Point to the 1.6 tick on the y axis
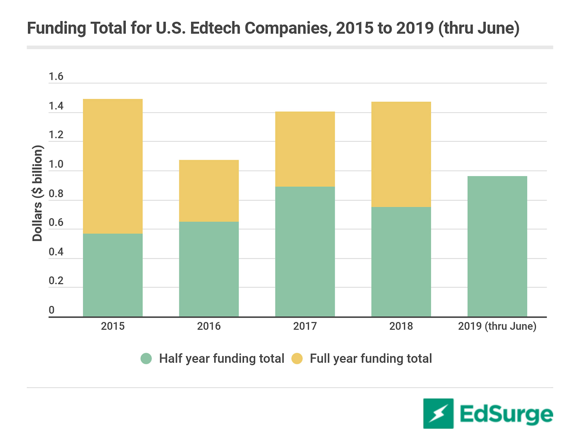point(56,77)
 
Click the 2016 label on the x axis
point(209,326)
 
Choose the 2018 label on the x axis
point(401,326)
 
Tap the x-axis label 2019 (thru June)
point(497,326)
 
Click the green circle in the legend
point(146,358)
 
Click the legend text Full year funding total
point(371,358)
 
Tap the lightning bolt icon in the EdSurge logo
point(438,414)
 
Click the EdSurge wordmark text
point(506,414)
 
